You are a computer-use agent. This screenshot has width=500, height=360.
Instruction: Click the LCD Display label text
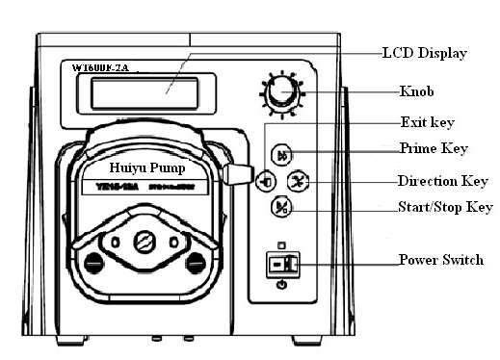pos(424,53)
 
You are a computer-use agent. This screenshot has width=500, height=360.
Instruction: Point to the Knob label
pos(420,92)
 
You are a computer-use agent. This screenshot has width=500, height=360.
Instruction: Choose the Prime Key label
pos(434,148)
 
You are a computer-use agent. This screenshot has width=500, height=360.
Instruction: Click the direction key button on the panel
pos(300,181)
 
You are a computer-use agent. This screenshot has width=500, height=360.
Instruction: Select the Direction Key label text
pos(444,181)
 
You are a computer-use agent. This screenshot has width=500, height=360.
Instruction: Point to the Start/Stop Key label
pos(445,207)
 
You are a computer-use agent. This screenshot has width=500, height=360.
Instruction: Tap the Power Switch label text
pos(441,261)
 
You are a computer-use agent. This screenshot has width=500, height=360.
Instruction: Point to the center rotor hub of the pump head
pos(145,241)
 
